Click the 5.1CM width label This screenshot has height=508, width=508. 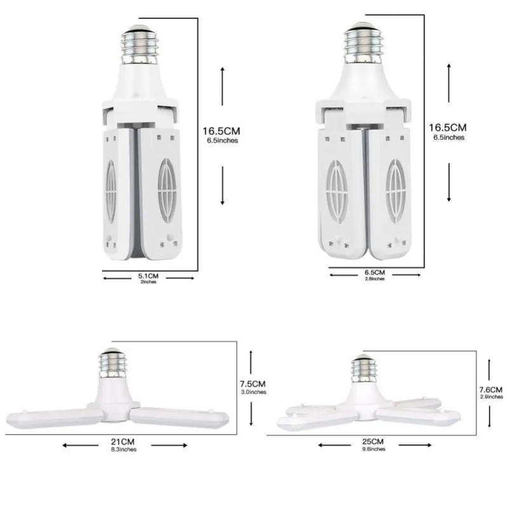pos(148,276)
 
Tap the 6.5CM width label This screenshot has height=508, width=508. pos(375,272)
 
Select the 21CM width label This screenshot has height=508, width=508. pos(122,442)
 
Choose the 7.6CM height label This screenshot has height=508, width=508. pos(490,389)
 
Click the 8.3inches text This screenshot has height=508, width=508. pos(122,450)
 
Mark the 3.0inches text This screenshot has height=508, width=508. pos(253,392)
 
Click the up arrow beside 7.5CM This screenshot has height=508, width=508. pos(252,358)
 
